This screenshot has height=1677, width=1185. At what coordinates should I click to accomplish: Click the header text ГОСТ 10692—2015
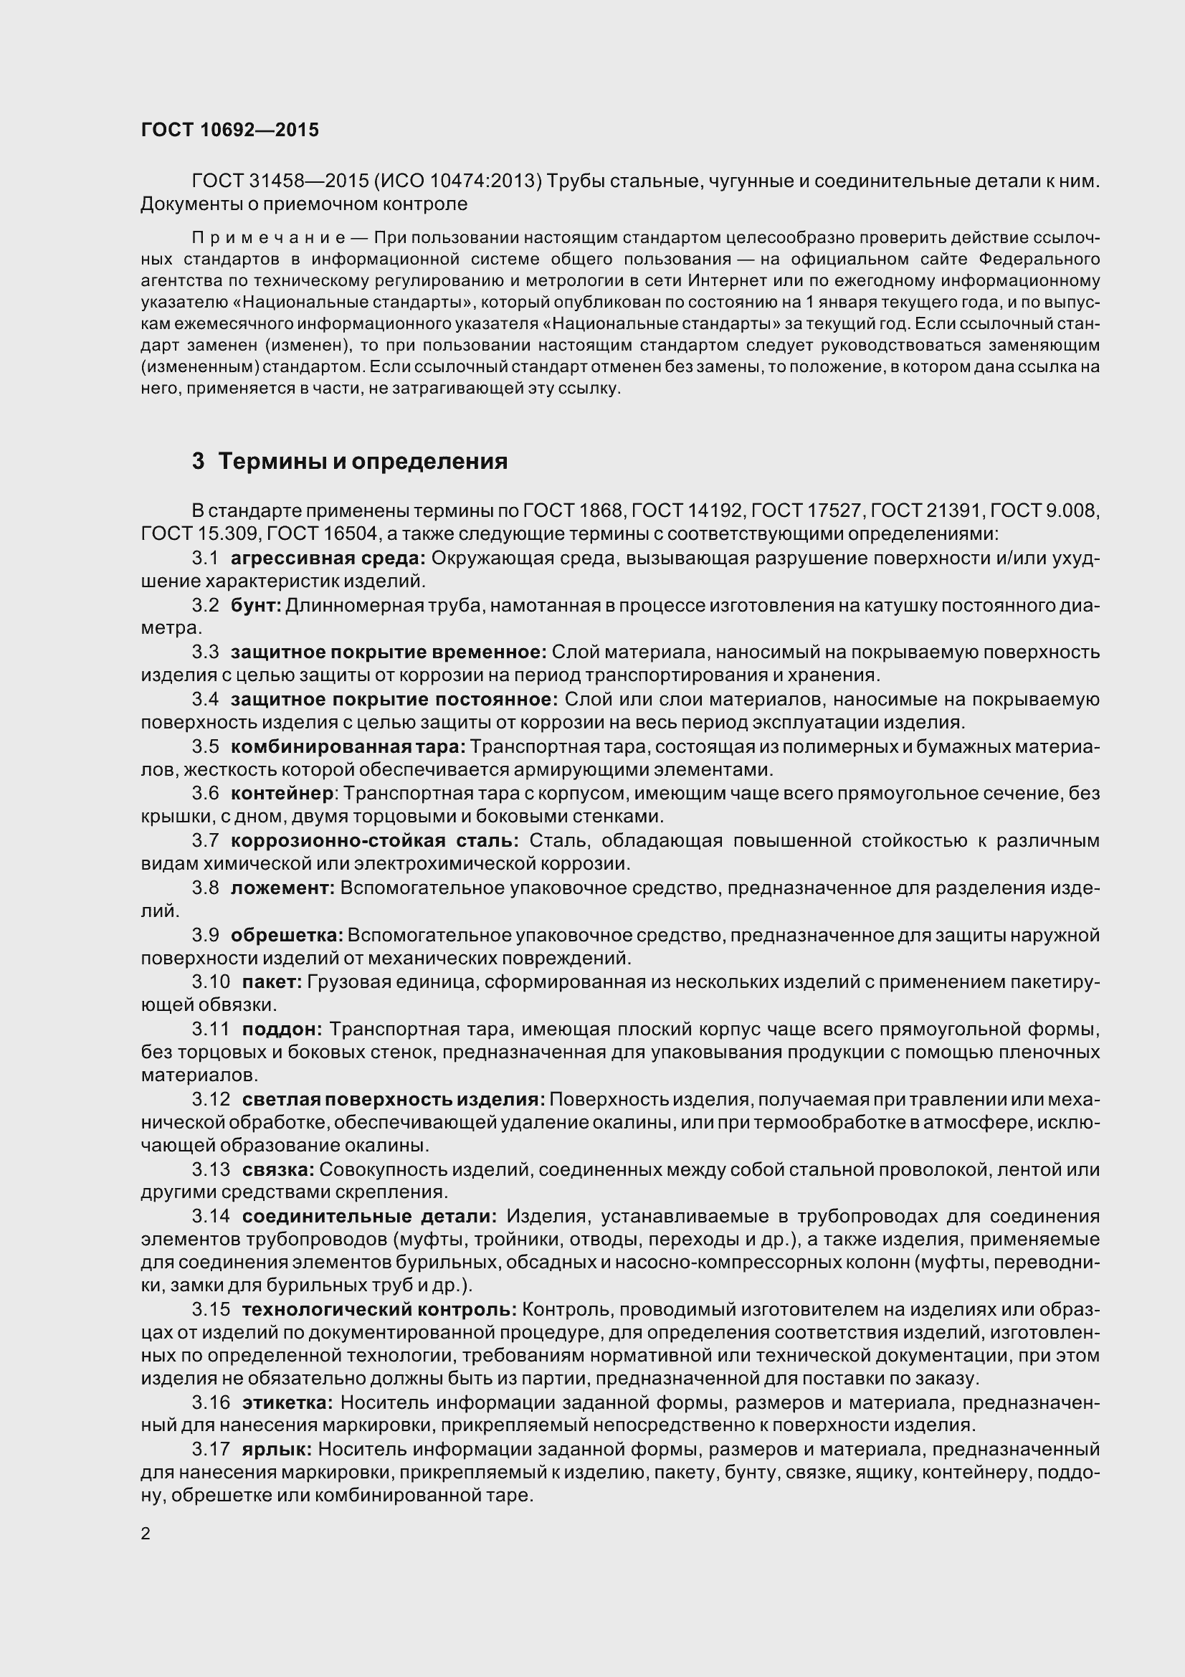click(229, 130)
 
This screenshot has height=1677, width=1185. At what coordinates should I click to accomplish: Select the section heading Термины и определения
click(362, 462)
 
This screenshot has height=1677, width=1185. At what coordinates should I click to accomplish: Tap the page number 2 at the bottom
click(146, 1533)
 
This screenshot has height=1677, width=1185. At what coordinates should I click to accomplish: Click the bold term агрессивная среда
click(327, 558)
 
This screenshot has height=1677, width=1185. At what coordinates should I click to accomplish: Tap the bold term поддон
click(282, 1029)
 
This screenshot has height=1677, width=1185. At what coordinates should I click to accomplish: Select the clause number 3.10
click(210, 982)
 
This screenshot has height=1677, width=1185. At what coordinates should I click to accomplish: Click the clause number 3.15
click(210, 1310)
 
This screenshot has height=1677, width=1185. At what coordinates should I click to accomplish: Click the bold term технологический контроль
click(379, 1310)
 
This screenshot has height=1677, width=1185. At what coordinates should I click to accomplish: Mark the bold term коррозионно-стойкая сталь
click(374, 841)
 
